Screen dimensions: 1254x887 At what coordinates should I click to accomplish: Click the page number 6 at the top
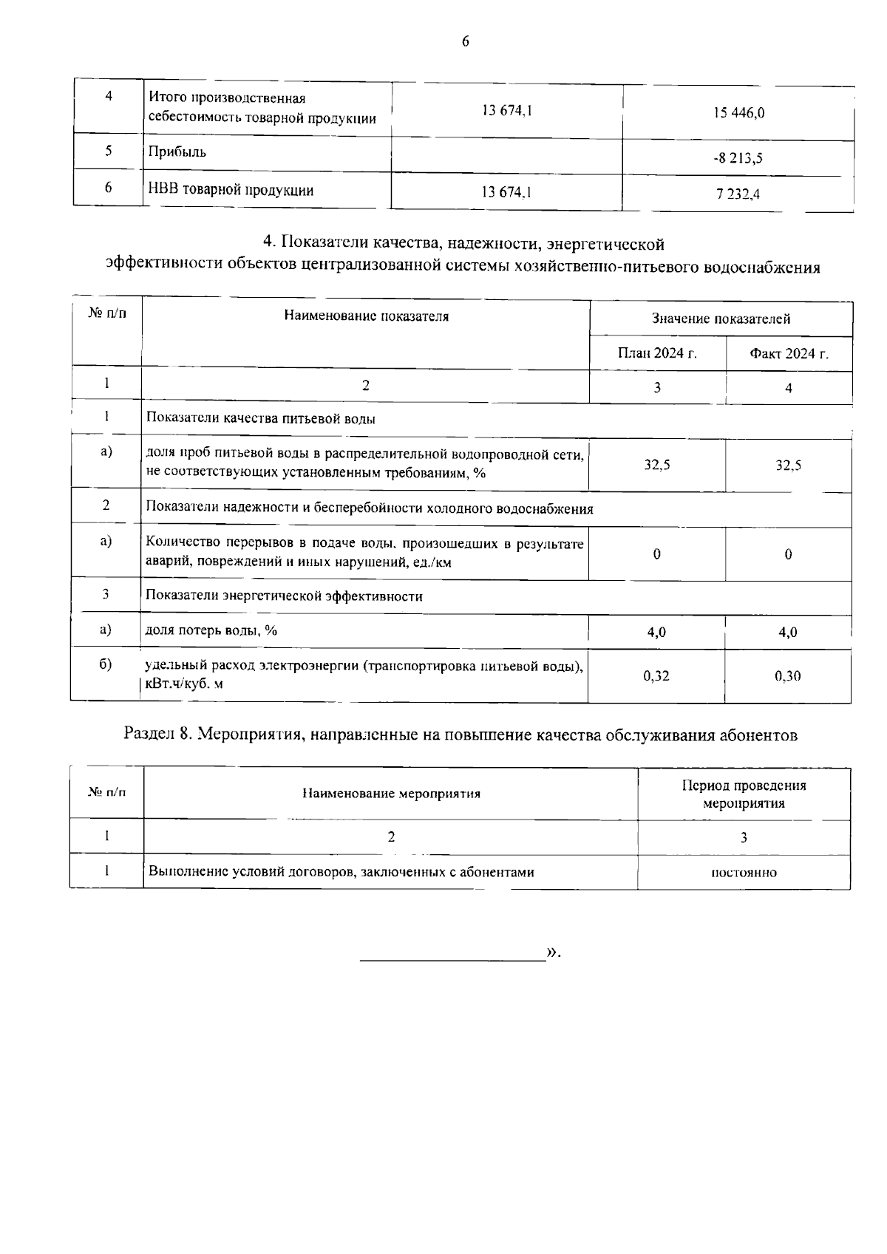point(465,42)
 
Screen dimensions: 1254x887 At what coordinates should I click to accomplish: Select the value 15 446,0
point(738,113)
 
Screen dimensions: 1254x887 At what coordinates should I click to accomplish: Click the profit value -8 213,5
point(738,157)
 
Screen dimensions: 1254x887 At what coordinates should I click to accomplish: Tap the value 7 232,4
point(738,194)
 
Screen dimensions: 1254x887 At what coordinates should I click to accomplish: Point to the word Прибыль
point(177,152)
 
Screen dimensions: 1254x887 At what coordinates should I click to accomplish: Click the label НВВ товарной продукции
point(231,191)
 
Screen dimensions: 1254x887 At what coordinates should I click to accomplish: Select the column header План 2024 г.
point(657,353)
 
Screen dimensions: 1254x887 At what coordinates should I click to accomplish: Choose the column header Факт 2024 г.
point(789,353)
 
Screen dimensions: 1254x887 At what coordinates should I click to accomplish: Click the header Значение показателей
point(721,318)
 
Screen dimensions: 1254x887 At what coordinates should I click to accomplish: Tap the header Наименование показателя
point(366,317)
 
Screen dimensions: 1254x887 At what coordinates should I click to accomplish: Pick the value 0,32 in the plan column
point(656,675)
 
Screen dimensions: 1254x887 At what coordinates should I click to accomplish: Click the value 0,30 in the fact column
point(788,675)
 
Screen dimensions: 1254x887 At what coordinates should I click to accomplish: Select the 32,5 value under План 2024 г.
point(656,466)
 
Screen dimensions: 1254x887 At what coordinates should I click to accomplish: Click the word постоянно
point(744,873)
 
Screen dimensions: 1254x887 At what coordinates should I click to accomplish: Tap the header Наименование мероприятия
point(391,794)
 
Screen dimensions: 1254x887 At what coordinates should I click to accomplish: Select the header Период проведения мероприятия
point(744,794)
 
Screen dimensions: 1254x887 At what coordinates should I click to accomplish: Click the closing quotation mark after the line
point(551,953)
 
